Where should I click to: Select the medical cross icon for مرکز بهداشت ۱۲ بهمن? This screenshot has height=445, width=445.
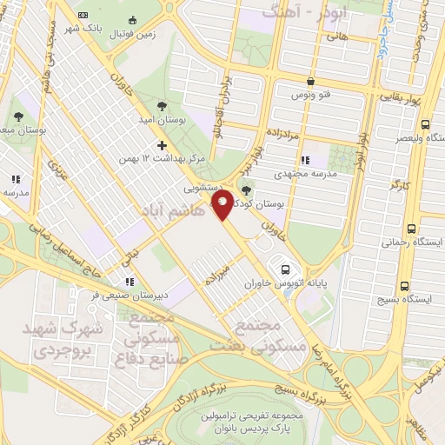point(161,144)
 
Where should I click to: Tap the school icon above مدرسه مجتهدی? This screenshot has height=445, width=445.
point(304,161)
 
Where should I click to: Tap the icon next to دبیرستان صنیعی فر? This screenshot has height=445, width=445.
point(130,282)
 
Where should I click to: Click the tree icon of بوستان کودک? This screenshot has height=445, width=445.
point(247,191)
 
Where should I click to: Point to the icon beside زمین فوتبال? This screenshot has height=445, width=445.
point(132,20)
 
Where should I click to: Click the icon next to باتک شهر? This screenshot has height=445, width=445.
point(83,15)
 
